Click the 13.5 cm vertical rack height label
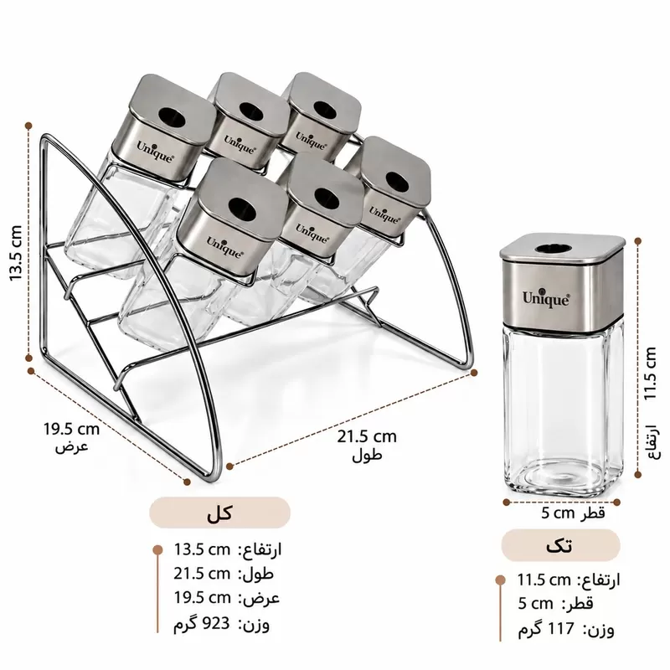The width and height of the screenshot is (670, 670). point(15,253)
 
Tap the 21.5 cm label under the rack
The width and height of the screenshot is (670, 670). point(367,436)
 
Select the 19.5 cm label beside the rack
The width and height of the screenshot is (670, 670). point(71,429)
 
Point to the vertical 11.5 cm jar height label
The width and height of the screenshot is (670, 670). point(650,374)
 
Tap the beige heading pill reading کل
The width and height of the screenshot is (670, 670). point(219,513)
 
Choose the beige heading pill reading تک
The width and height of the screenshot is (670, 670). point(560,546)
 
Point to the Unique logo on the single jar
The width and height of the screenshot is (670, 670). point(546,299)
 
